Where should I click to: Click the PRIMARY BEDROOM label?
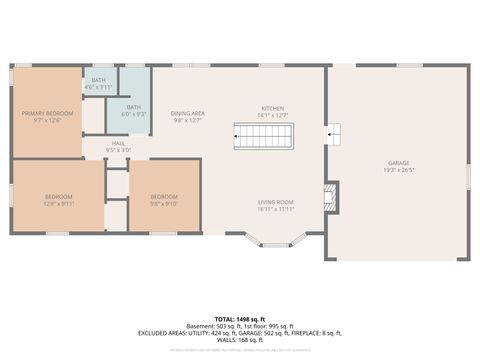[x=48, y=114]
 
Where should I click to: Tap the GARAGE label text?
[x=399, y=163]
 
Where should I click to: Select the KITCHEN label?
[x=273, y=108]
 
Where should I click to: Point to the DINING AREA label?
[x=187, y=114]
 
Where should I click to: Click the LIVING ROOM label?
[x=275, y=203]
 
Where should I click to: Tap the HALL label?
[x=118, y=144]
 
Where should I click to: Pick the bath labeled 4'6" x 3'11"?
[x=98, y=80]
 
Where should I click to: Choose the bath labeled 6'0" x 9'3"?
[x=134, y=108]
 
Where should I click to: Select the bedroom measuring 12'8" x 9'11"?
[x=59, y=196]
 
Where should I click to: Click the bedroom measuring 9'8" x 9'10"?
[x=164, y=196]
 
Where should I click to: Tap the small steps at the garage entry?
[x=333, y=133]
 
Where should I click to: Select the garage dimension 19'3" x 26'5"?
[x=399, y=170]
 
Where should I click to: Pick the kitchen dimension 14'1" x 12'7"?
[x=273, y=115]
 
